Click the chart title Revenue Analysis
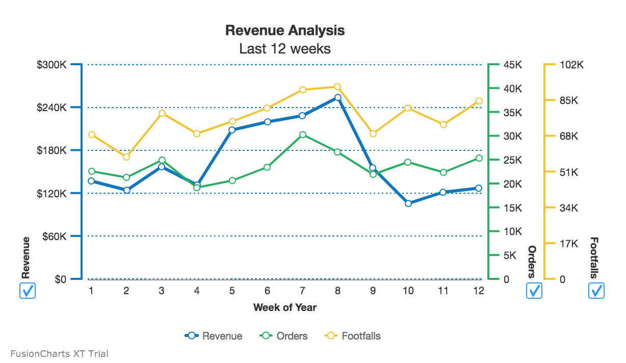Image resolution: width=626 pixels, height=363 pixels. (284, 31)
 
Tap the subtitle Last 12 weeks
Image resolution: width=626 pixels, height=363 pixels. (284, 49)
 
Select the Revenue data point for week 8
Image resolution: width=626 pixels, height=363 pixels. (338, 97)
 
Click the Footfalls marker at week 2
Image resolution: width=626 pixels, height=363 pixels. (126, 157)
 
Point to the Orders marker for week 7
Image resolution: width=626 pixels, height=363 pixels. (303, 135)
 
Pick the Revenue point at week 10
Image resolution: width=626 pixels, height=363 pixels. (408, 203)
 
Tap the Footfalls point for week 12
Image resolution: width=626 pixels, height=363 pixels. (479, 101)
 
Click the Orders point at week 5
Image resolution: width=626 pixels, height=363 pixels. (232, 180)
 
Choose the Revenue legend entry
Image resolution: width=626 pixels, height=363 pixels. (214, 336)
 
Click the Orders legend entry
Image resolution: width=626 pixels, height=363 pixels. (284, 336)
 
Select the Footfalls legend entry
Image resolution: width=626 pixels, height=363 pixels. (353, 336)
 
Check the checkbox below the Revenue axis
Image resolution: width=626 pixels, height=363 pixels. (27, 291)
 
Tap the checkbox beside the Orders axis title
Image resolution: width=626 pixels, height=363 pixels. (534, 291)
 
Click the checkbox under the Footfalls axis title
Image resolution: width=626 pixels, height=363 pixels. (596, 291)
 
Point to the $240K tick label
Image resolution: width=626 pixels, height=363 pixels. (52, 108)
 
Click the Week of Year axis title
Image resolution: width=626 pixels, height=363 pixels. (284, 307)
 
